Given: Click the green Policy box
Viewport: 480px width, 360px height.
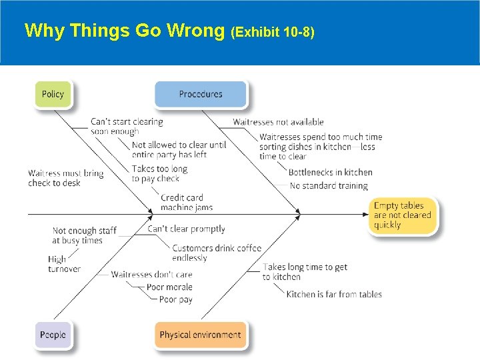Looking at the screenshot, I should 53,94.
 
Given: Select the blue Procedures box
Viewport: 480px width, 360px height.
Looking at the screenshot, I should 201,94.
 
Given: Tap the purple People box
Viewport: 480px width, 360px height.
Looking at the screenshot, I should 53,335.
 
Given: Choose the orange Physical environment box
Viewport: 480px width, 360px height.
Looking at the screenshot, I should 201,335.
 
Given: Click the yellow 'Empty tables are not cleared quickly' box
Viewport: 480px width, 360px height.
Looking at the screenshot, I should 403,215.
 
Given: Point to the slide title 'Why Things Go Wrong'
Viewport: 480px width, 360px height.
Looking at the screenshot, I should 125,31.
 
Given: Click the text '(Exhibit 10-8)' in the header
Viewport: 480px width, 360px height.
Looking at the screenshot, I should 272,31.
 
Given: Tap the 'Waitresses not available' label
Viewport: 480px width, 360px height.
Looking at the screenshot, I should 278,122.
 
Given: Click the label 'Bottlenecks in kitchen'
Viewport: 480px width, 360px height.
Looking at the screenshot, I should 331,173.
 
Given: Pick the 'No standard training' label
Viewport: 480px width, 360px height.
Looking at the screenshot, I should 329,186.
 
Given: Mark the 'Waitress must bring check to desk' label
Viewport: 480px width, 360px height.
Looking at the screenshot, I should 66,178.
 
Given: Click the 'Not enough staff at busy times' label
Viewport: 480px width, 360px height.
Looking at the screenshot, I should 84,235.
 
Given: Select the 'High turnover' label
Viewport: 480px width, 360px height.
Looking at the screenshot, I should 64,264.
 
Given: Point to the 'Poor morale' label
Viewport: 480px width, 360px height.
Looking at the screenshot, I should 169,287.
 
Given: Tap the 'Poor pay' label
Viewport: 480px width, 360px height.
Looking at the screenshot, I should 176,300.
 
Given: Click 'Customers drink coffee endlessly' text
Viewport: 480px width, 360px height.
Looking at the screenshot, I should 216,253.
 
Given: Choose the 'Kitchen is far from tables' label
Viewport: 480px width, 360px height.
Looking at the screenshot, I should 334,294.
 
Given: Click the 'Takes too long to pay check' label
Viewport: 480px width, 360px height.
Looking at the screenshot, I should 160,173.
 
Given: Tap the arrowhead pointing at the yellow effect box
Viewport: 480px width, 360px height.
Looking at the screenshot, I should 365,215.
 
